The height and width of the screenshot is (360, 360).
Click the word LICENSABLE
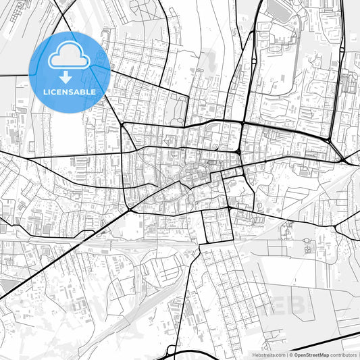click(70, 91)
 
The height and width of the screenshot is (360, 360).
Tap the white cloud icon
click(70, 55)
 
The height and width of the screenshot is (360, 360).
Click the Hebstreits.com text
click(268, 354)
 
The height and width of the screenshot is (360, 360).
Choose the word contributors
click(344, 354)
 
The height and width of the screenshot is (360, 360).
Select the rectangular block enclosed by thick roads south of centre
click(217, 226)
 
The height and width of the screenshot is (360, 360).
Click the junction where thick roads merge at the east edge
click(345, 161)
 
